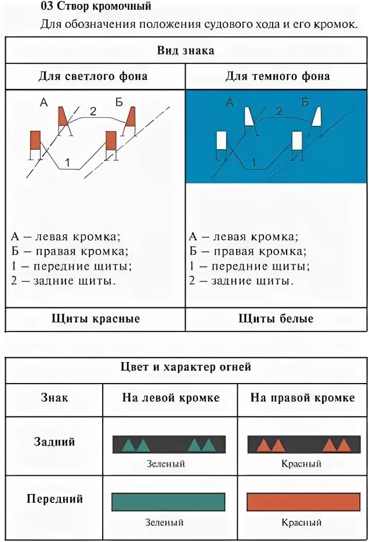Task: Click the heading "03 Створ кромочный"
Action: [96, 8]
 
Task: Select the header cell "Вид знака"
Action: [186, 50]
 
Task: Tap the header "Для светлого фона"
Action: [93, 76]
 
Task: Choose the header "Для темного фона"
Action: [277, 76]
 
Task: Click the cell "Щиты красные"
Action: [96, 319]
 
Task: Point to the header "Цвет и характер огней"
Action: [186, 367]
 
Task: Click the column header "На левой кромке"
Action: [171, 398]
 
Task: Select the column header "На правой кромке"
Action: [302, 398]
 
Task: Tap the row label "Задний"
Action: [54, 442]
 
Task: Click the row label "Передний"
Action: [55, 498]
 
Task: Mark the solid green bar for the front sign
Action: [168, 502]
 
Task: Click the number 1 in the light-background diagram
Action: [67, 163]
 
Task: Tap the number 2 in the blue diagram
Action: [279, 111]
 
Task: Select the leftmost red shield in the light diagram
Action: [35, 141]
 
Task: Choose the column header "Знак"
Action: [54, 398]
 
